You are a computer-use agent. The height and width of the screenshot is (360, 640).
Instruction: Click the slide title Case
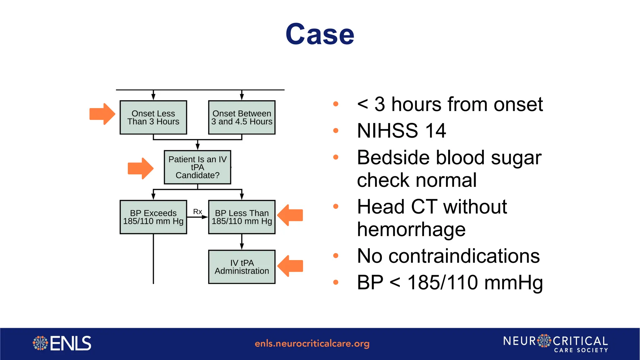click(x=320, y=34)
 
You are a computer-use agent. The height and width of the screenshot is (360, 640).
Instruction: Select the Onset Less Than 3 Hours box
click(x=153, y=117)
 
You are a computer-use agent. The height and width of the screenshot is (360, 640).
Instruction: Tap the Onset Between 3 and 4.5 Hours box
click(x=242, y=117)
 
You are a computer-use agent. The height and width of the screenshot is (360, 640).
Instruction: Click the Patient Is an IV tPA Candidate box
click(x=197, y=167)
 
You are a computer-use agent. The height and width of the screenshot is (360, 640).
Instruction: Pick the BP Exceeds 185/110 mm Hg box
click(x=153, y=217)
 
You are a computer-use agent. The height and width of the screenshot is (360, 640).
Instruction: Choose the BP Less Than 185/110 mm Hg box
click(x=242, y=217)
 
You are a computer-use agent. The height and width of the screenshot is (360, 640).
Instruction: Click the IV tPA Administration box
click(x=242, y=267)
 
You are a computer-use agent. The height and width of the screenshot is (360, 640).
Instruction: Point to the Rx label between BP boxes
click(x=197, y=212)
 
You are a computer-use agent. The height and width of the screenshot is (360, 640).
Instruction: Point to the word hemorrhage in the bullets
click(x=411, y=229)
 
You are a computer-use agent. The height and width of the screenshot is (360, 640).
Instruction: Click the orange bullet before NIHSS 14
click(x=336, y=131)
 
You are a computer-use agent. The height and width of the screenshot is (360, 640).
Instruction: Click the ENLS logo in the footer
click(x=62, y=343)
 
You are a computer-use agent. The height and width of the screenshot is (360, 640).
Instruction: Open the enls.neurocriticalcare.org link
click(x=312, y=344)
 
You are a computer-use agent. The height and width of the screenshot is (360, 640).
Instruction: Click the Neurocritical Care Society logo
click(x=555, y=344)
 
